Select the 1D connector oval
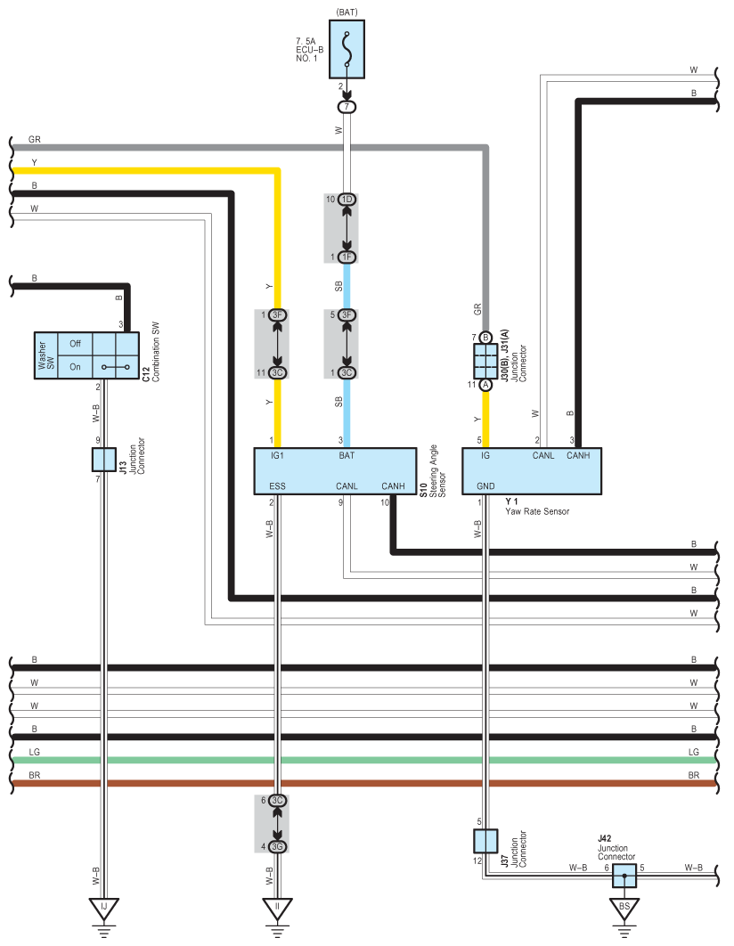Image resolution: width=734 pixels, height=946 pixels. [x=347, y=199]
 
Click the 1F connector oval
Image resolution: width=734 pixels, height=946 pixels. [x=347, y=257]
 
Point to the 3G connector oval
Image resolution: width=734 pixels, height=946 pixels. [x=277, y=845]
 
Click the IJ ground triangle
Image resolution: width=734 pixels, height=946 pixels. [x=104, y=909]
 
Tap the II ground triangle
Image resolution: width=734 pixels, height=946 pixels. [x=277, y=909]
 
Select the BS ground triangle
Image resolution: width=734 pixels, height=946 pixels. [x=624, y=909]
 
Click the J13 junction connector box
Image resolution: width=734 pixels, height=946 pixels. [x=104, y=460]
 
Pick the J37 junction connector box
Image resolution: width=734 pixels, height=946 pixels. [x=485, y=841]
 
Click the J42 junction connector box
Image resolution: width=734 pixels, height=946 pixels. [x=624, y=876]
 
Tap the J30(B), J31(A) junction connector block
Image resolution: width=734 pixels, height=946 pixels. [x=485, y=361]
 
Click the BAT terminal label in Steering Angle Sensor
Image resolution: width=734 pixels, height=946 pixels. [x=347, y=455]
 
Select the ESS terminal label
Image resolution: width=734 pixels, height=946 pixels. [x=277, y=486]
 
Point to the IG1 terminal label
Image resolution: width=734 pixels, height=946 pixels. [x=277, y=455]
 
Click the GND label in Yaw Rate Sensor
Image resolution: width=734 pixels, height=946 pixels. [x=485, y=486]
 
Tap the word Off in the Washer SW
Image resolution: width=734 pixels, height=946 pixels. [x=75, y=343]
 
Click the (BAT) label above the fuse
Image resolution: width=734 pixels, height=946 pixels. [x=346, y=12]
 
